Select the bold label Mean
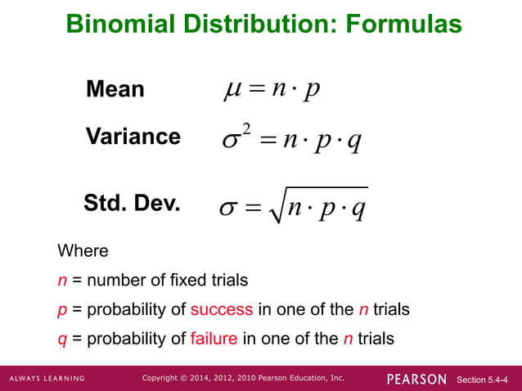[115, 89]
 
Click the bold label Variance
[133, 136]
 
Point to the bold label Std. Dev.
[132, 203]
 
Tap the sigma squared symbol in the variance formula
[236, 139]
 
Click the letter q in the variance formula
[353, 141]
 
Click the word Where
[83, 250]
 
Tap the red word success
[222, 310]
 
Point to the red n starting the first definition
[62, 281]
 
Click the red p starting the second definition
[62, 311]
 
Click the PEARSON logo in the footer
[416, 379]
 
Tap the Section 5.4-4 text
[487, 380]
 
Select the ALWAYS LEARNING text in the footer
[47, 379]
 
